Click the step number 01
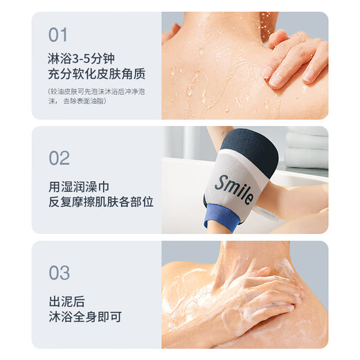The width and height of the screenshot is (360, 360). [x=59, y=35]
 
